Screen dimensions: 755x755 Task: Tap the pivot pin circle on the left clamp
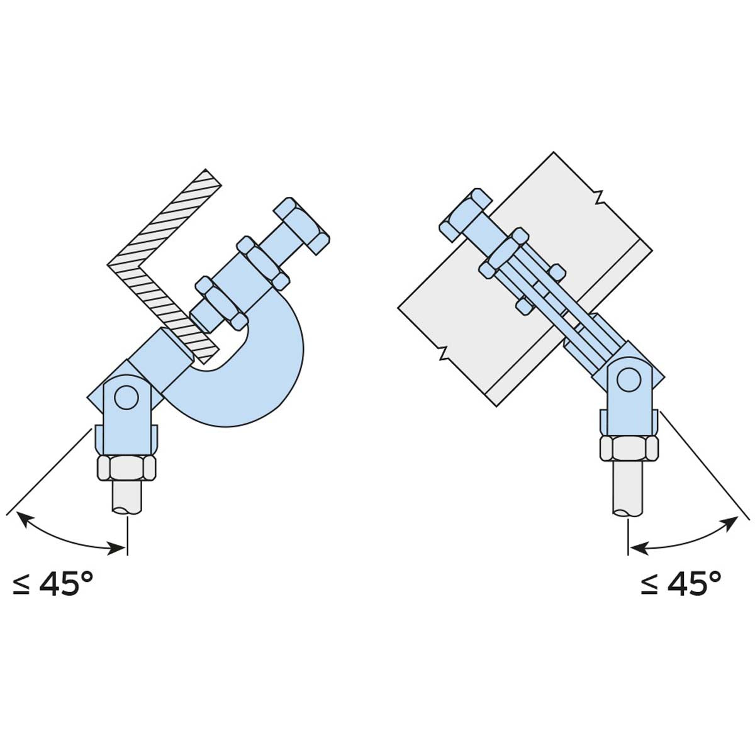126,398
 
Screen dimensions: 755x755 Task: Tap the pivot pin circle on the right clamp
629,379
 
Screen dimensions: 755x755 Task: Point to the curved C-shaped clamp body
251,376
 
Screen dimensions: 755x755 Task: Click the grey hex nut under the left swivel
126,467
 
